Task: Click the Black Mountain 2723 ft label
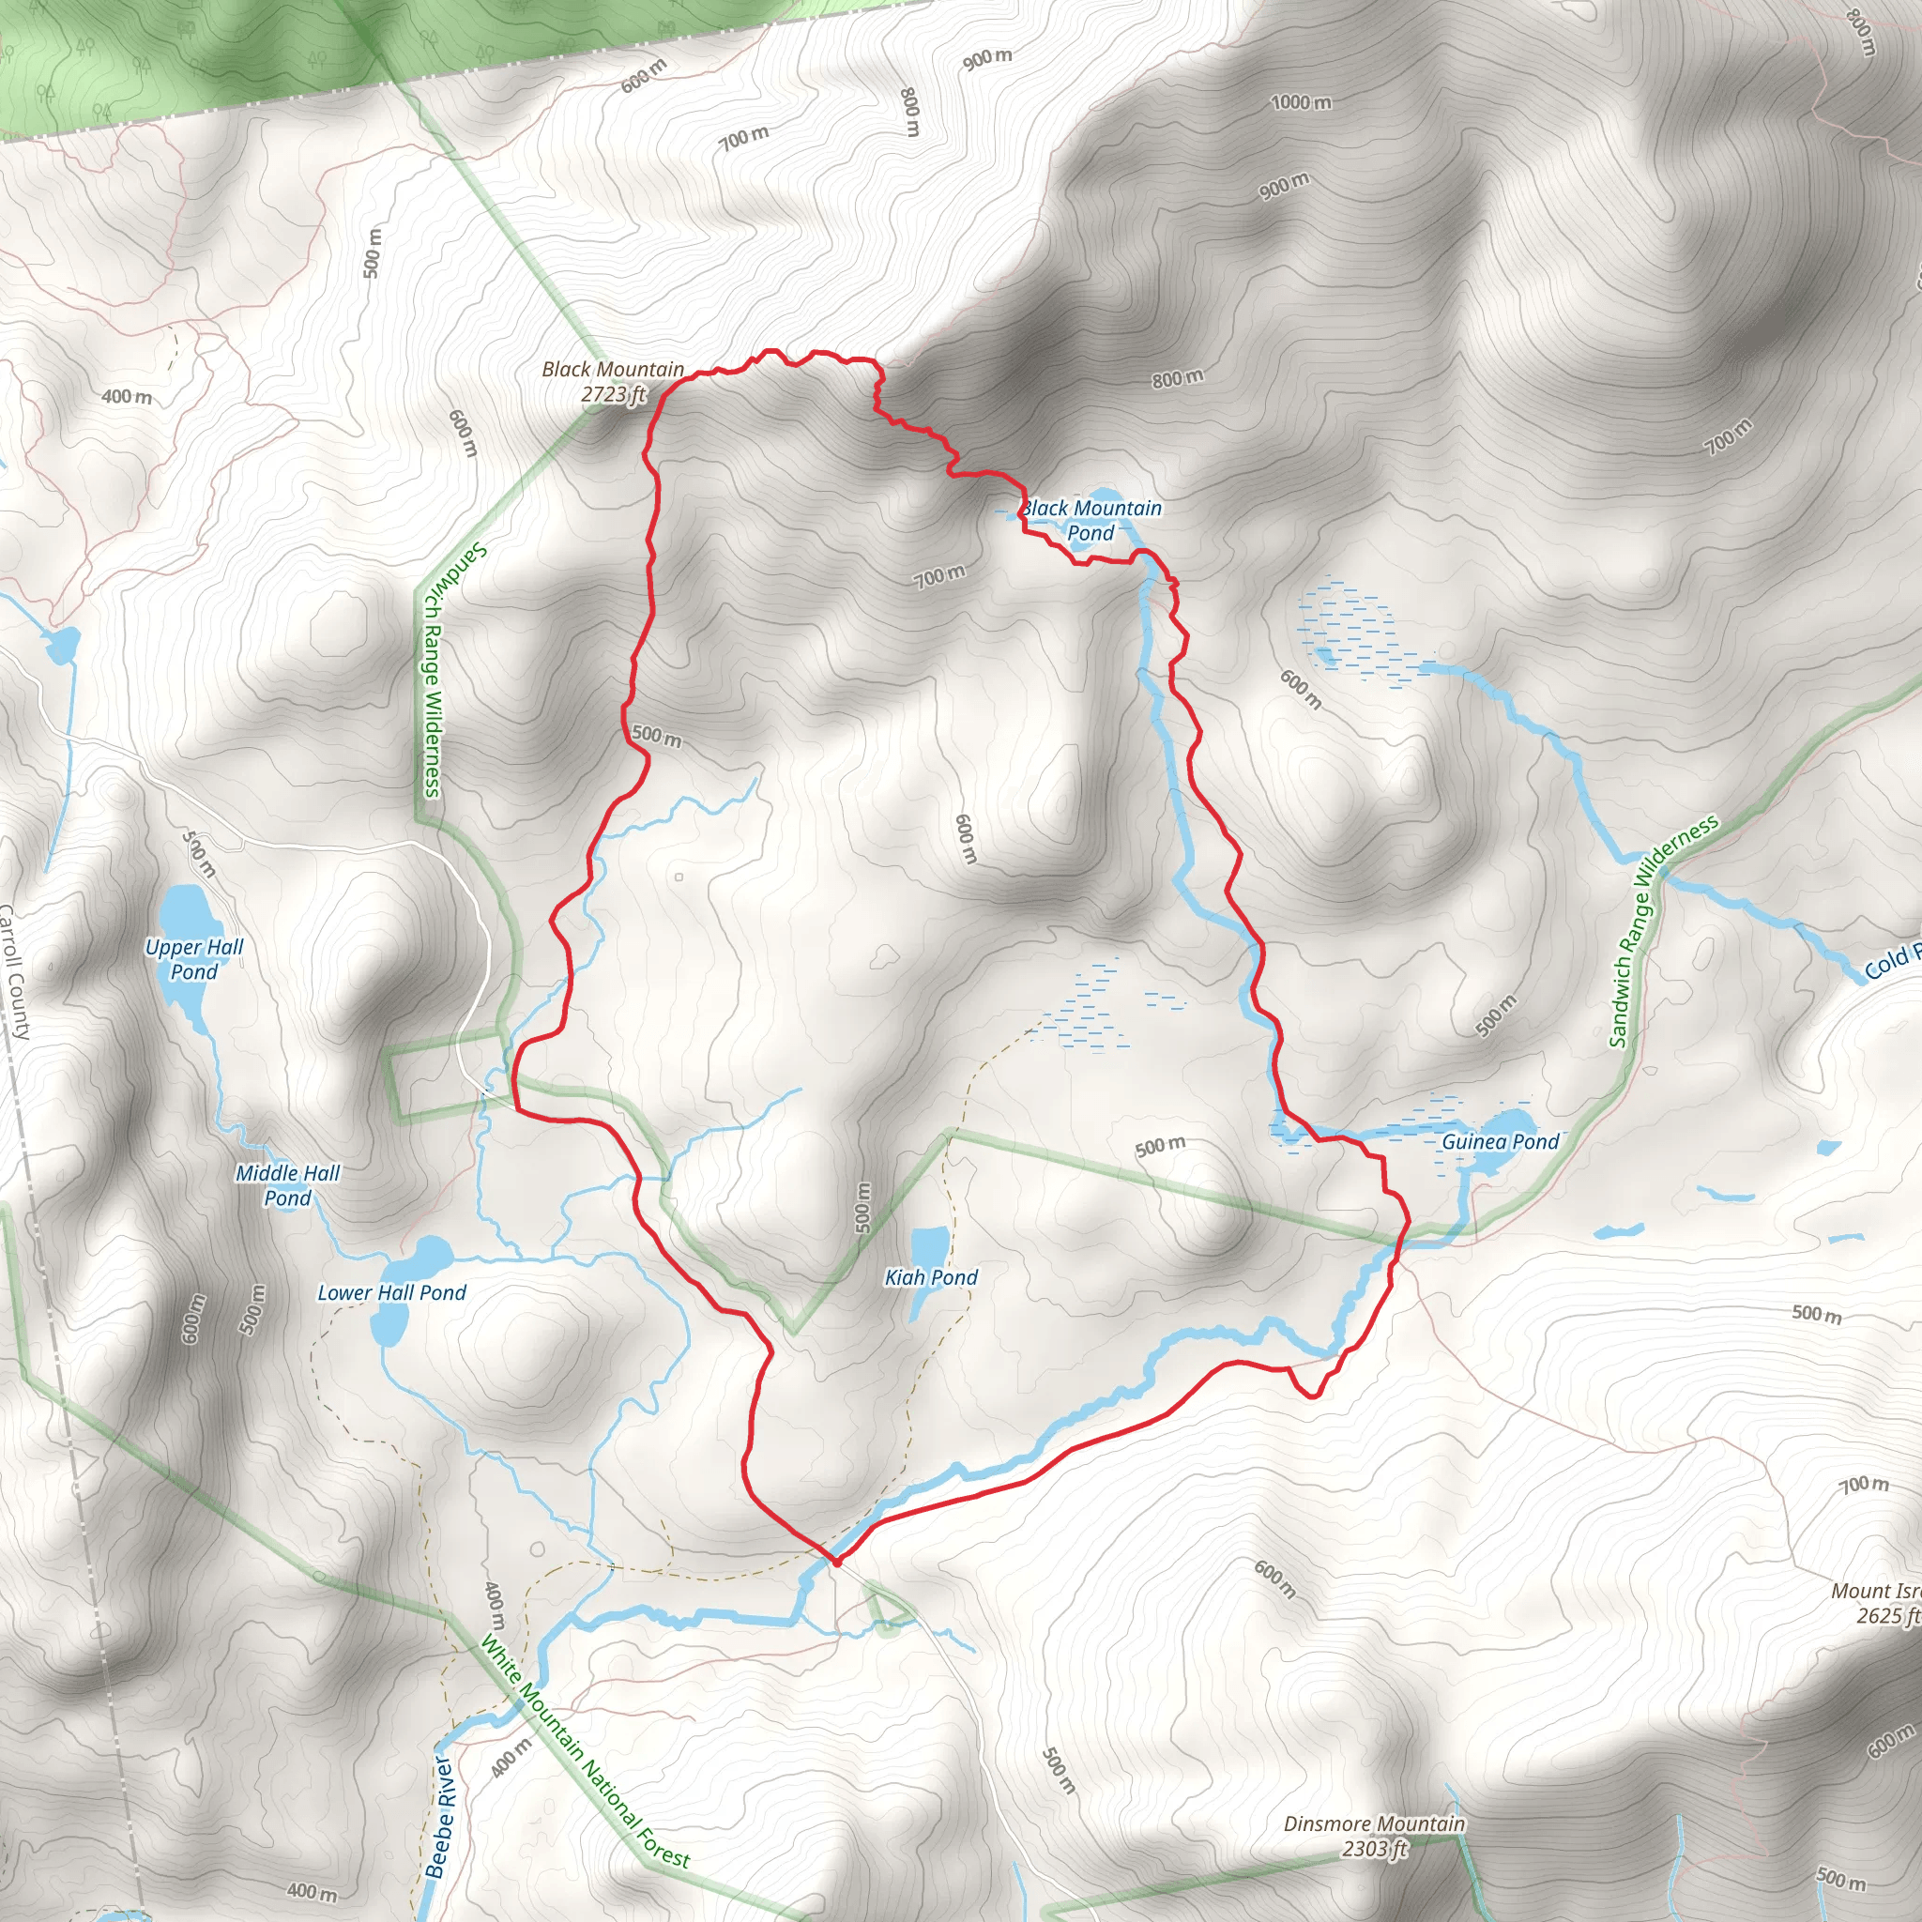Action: (613, 382)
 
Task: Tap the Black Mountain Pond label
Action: (1091, 520)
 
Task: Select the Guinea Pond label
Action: (1501, 1142)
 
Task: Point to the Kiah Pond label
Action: (931, 1277)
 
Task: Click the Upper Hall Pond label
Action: (194, 959)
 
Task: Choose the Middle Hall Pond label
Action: (287, 1185)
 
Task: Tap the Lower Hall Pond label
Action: (391, 1292)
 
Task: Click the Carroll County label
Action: (15, 971)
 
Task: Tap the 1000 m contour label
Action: (1300, 102)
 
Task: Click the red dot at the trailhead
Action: (836, 1562)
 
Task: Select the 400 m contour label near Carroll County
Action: (127, 397)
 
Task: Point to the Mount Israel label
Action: (1876, 1604)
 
